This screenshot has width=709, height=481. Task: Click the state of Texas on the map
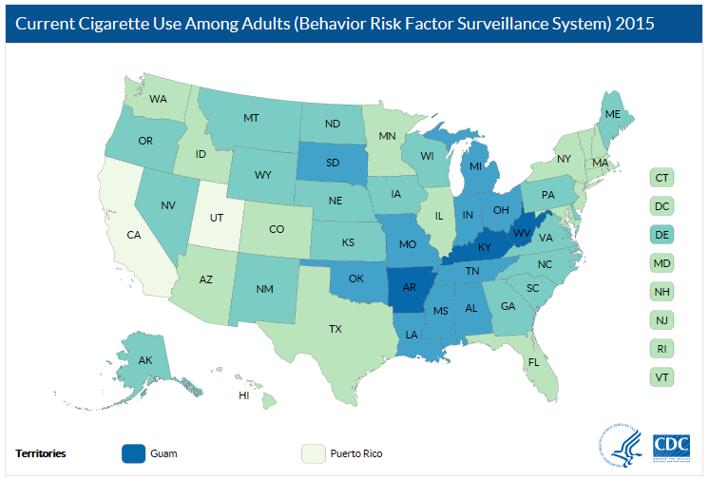pos(335,329)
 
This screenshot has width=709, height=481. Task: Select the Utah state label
pos(218,218)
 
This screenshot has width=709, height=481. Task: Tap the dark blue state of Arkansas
pos(410,286)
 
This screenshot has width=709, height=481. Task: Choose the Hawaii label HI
pos(244,394)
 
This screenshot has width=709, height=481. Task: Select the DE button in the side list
pos(662,233)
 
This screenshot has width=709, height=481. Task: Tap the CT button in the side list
pos(662,177)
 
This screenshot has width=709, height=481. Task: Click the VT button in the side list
pos(662,375)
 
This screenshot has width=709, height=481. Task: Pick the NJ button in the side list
pos(662,318)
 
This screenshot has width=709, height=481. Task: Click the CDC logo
pos(672,446)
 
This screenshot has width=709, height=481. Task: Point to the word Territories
pos(41,453)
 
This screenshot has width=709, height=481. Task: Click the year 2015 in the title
pos(633,23)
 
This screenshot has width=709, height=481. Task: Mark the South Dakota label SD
pos(334,162)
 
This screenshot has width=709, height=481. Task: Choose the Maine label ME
pos(613,114)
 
